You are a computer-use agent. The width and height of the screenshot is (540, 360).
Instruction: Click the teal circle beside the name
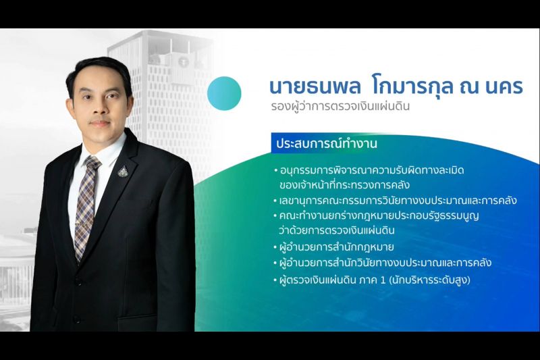pyautogui.click(x=224, y=93)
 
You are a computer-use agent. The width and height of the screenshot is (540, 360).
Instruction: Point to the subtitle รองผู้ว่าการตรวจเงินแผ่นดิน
pyautogui.click(x=336, y=107)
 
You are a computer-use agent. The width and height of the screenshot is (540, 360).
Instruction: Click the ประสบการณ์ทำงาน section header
pyautogui.click(x=325, y=144)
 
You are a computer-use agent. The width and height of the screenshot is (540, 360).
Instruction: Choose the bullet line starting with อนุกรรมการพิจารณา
pyautogui.click(x=371, y=170)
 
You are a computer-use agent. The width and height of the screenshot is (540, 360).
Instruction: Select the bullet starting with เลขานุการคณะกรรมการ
pyautogui.click(x=398, y=200)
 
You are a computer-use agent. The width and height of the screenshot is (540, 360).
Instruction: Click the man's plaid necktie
pyautogui.click(x=85, y=209)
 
